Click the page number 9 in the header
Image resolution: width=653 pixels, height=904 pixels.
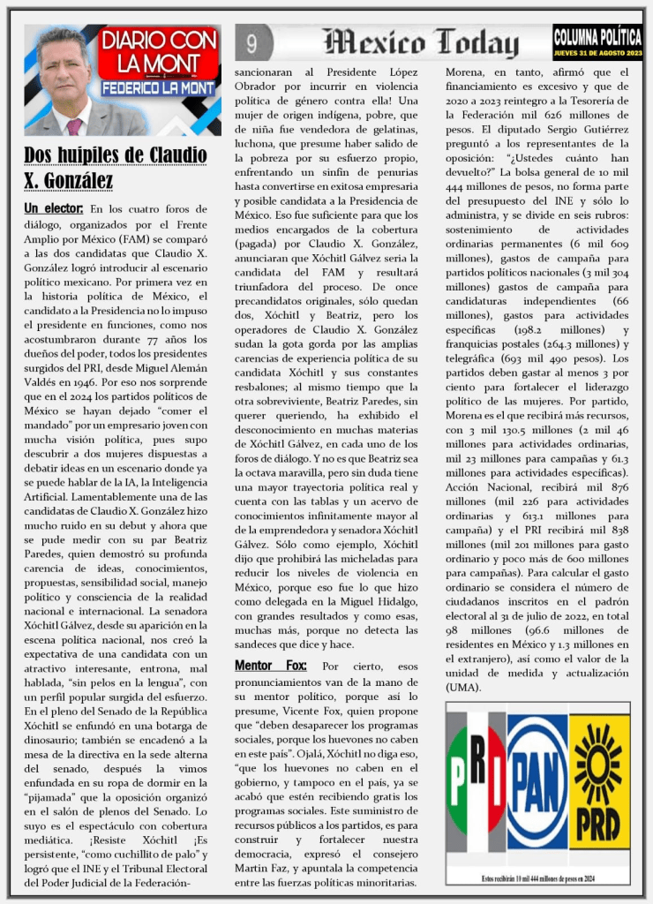click(252, 43)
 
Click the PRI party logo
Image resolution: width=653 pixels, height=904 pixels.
click(477, 780)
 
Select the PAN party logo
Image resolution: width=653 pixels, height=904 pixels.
click(537, 780)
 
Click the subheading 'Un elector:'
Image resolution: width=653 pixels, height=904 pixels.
click(54, 208)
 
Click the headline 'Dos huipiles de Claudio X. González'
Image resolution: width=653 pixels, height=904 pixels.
click(115, 168)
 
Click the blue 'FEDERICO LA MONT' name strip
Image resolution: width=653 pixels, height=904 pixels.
click(158, 89)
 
